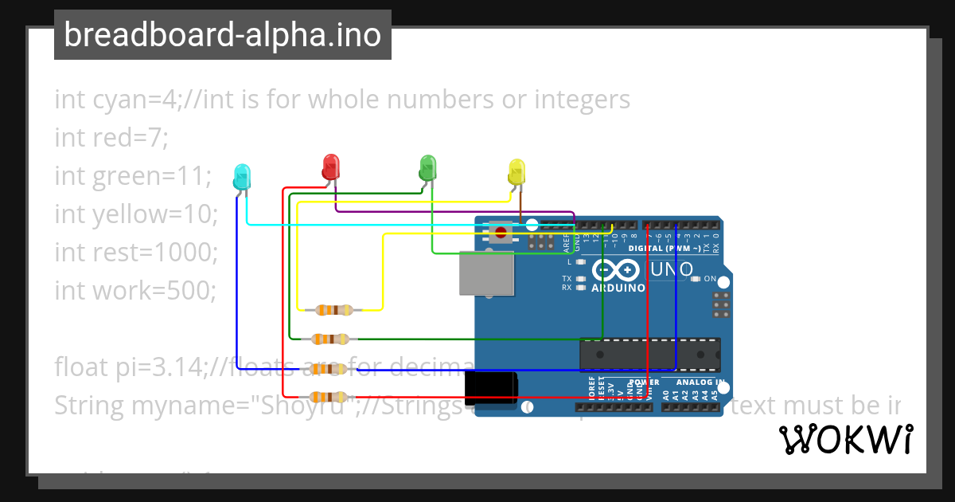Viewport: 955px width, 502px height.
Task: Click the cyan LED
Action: pyautogui.click(x=242, y=176)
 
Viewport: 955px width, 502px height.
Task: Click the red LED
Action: pyautogui.click(x=330, y=167)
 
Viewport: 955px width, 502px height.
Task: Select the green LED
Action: pyautogui.click(x=427, y=168)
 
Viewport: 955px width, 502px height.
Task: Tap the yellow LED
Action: pyautogui.click(x=516, y=171)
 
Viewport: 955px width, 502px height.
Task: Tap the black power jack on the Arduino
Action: pyautogui.click(x=491, y=393)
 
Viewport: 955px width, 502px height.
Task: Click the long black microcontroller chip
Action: pyautogui.click(x=649, y=354)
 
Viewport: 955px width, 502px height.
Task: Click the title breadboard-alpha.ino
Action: pyautogui.click(x=222, y=35)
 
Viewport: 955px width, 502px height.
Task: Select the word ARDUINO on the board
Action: pyautogui.click(x=618, y=288)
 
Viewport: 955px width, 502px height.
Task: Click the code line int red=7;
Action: pyautogui.click(x=111, y=138)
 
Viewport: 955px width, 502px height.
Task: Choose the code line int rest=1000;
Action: pyautogui.click(x=136, y=252)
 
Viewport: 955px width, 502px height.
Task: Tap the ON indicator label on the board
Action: pyautogui.click(x=710, y=279)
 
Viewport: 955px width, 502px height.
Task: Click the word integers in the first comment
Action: pyautogui.click(x=582, y=100)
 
